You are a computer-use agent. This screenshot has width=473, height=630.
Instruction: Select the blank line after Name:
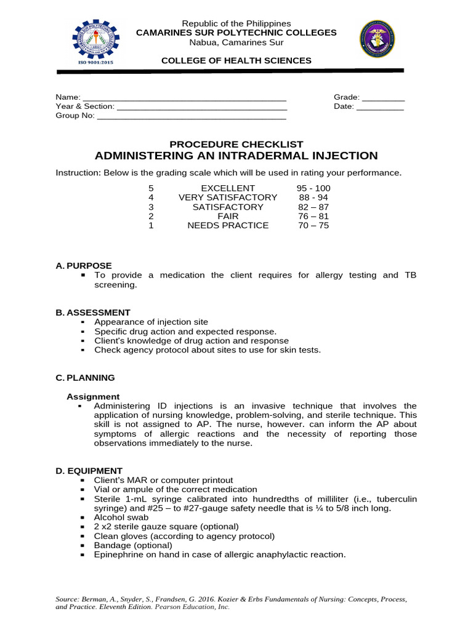click(x=184, y=98)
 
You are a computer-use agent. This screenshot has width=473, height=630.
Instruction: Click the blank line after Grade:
click(x=383, y=98)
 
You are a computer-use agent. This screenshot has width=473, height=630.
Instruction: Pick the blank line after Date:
click(x=380, y=107)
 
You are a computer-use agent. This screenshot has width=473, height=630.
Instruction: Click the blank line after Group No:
click(x=192, y=116)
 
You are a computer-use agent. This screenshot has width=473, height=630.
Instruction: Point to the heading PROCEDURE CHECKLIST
click(x=236, y=144)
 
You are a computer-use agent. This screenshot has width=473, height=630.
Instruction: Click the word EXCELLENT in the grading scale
click(x=228, y=188)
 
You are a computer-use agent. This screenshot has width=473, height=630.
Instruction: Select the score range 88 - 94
click(x=313, y=197)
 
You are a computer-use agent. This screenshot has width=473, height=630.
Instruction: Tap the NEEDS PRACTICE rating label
click(x=228, y=226)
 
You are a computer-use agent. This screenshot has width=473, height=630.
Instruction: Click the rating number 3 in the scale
click(x=151, y=207)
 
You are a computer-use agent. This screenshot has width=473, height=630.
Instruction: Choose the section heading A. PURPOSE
click(x=84, y=266)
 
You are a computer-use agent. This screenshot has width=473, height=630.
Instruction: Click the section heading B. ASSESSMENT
click(x=93, y=313)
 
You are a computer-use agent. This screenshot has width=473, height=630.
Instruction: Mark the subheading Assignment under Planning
click(x=93, y=397)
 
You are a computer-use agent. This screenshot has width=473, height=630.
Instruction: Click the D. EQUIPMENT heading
click(x=89, y=471)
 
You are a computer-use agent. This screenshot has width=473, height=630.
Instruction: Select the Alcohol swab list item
click(x=121, y=517)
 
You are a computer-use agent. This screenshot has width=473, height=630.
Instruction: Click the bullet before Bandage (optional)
click(x=82, y=545)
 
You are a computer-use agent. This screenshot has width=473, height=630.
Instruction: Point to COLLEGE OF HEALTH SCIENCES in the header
click(x=236, y=60)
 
